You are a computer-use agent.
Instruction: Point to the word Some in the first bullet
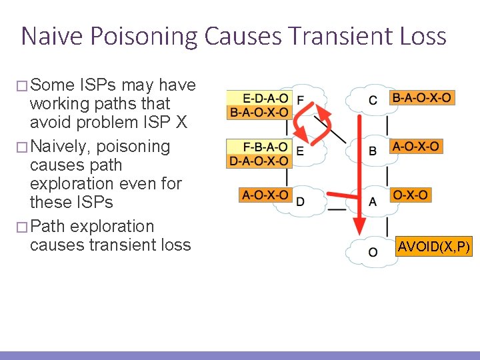(53, 85)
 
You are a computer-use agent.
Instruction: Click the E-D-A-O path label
(258, 98)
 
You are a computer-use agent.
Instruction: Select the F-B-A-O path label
(258, 147)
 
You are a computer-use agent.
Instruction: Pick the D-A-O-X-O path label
(258, 161)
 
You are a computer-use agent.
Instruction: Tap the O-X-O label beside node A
(411, 195)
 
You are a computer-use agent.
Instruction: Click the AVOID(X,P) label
(434, 247)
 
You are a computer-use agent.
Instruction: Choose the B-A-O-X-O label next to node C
(422, 98)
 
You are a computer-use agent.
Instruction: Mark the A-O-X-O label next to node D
(265, 195)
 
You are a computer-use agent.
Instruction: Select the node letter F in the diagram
(300, 101)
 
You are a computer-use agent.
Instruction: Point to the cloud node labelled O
(372, 252)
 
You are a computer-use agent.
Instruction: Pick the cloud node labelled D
(300, 201)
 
